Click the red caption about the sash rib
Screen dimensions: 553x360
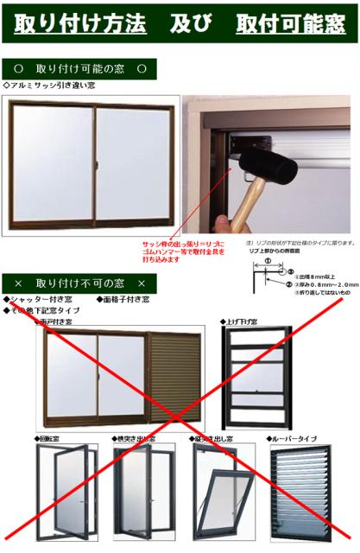tap(184, 251)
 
